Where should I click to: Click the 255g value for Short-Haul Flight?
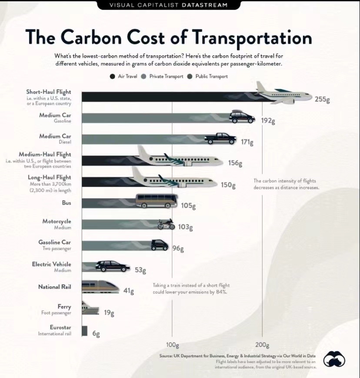point(322,99)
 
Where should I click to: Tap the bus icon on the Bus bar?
point(157,201)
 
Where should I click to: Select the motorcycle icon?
point(166,224)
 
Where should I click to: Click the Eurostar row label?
point(61,327)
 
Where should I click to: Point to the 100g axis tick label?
point(172,345)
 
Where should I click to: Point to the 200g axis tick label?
point(262,345)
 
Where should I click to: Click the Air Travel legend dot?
point(113,76)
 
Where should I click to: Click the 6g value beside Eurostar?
point(96,334)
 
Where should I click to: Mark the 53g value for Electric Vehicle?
point(140,270)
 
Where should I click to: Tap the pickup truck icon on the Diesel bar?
point(220,138)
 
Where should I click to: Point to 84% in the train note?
point(223,292)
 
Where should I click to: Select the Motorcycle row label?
point(57,222)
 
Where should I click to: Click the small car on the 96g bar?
point(160,245)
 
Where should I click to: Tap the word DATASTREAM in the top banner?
point(205,5)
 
